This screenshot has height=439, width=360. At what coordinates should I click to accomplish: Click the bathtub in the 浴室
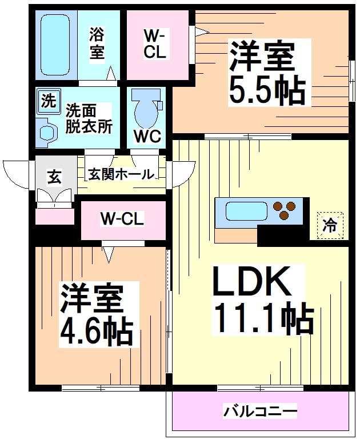pos(55,45)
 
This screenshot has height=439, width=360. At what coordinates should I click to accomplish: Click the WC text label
pos(147,137)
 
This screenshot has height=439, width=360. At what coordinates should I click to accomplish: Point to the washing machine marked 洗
pos(49,101)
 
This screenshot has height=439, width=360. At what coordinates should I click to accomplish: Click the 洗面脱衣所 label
pos(89,118)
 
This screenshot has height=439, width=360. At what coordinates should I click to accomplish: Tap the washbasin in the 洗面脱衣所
pos(46,132)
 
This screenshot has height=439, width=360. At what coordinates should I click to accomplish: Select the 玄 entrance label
pos(54,178)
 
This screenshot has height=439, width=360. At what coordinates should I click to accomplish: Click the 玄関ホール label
pos(121,174)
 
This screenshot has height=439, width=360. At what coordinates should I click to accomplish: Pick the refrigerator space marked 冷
pos(330,225)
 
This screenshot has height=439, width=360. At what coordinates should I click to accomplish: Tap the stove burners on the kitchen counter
pos(284,210)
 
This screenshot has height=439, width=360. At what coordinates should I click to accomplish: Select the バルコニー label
pos(260,412)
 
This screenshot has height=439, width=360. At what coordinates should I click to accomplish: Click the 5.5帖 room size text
pos(267,90)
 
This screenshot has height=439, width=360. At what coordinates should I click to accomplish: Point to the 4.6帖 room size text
pos(95,331)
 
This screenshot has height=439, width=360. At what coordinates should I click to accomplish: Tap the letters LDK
pos(251,281)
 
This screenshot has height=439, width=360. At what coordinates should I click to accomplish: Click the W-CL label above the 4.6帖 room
pos(122,219)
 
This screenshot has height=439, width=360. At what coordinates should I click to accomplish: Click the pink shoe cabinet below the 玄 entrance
pos(55,216)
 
